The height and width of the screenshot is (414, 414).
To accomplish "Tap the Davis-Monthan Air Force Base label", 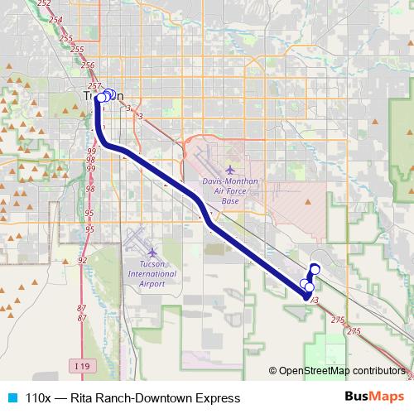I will coord(219,191).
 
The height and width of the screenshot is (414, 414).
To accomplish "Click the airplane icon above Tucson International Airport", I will coord(152,251).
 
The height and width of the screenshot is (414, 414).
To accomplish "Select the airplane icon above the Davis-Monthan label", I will coord(218,170).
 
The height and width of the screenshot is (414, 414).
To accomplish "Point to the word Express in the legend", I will coord(217,398).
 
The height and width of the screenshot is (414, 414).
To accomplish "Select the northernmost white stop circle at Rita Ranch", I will coord(315,267).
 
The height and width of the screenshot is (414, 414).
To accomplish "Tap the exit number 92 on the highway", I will coord(82,261).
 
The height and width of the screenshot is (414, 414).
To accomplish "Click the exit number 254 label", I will coord(56,18).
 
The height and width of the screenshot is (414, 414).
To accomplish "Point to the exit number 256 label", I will coord(89,65).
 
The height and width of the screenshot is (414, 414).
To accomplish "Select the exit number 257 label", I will coord(94,85).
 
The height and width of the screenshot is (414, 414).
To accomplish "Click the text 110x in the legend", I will coord(40,398).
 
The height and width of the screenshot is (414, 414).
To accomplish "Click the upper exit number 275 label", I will coord(336,319).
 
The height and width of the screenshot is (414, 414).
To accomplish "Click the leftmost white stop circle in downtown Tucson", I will coord(100,98).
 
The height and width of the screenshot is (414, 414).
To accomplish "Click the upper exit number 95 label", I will coord(89,214).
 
